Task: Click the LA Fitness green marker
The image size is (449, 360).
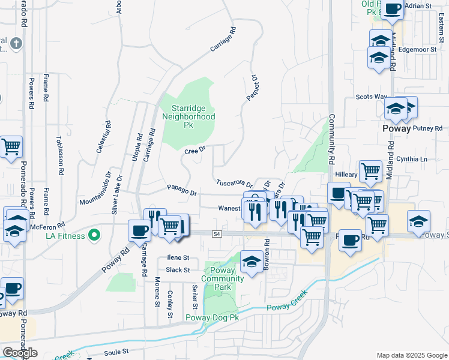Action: tap(94, 235)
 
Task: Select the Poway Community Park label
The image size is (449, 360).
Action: tap(223, 278)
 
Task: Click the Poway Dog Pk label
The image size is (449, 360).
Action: tap(212, 317)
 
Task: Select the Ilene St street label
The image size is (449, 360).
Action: tap(178, 258)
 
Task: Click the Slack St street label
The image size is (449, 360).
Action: tap(178, 270)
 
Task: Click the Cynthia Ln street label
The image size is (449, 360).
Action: tap(412, 159)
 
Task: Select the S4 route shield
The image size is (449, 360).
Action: tap(217, 234)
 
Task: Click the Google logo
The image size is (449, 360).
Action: tap(20, 353)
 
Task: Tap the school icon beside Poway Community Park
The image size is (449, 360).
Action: tap(252, 262)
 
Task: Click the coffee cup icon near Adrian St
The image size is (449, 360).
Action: tap(393, 10)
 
